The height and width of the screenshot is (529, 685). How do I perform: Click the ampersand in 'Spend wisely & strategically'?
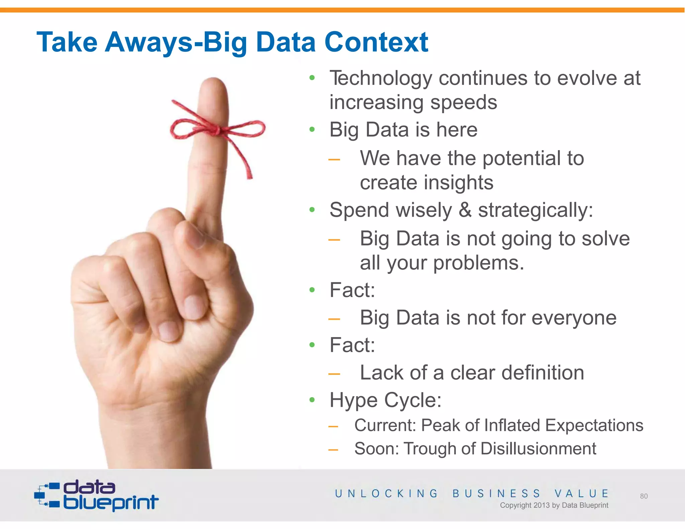tap(465, 210)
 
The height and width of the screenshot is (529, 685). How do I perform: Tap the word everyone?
tap(574, 318)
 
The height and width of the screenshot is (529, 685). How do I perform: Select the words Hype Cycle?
tap(385, 400)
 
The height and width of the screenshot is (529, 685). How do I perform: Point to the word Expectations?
tap(594, 426)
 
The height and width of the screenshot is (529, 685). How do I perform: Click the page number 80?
tap(644, 496)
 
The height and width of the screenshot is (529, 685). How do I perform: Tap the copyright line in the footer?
tap(554, 505)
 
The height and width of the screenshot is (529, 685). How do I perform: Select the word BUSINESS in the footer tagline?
tap(496, 494)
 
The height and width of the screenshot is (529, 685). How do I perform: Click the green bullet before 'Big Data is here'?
tap(312, 130)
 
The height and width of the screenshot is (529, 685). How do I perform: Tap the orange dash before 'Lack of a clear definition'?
tap(334, 374)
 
